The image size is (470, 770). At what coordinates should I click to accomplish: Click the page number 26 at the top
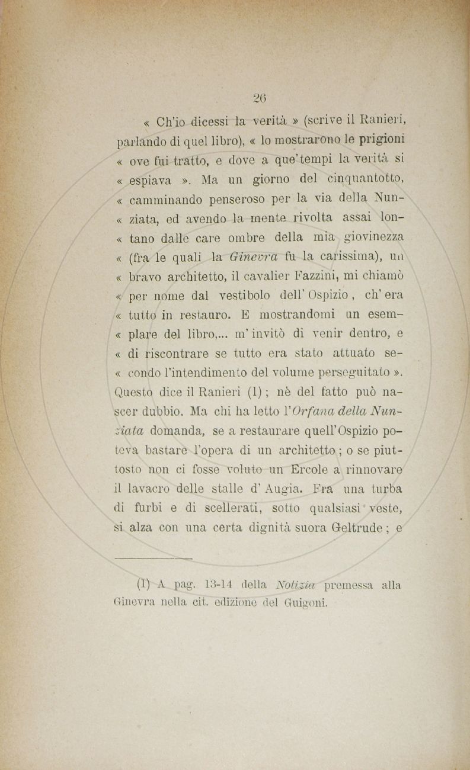click(x=259, y=98)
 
